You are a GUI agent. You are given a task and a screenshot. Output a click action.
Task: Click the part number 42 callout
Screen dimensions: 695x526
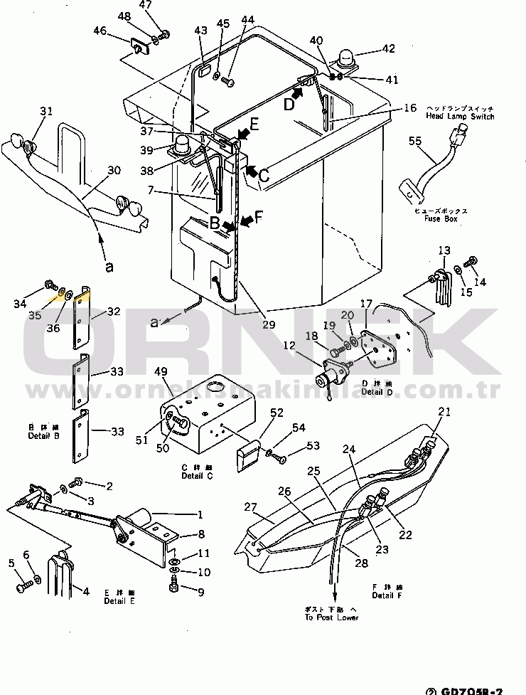click(388, 48)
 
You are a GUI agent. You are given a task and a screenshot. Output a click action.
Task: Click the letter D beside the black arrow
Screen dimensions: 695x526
click(289, 104)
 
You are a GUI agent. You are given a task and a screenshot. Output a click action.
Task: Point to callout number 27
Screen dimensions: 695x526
click(249, 507)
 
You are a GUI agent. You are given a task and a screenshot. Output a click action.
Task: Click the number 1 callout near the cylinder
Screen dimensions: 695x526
click(200, 514)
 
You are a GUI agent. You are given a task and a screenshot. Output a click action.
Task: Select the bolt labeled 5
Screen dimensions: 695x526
click(21, 586)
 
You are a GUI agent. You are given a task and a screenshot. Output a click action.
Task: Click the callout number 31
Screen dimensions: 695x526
click(46, 111)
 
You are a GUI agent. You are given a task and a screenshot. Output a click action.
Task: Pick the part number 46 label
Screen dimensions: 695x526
click(100, 31)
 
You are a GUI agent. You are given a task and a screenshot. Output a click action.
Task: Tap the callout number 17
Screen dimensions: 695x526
click(366, 304)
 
